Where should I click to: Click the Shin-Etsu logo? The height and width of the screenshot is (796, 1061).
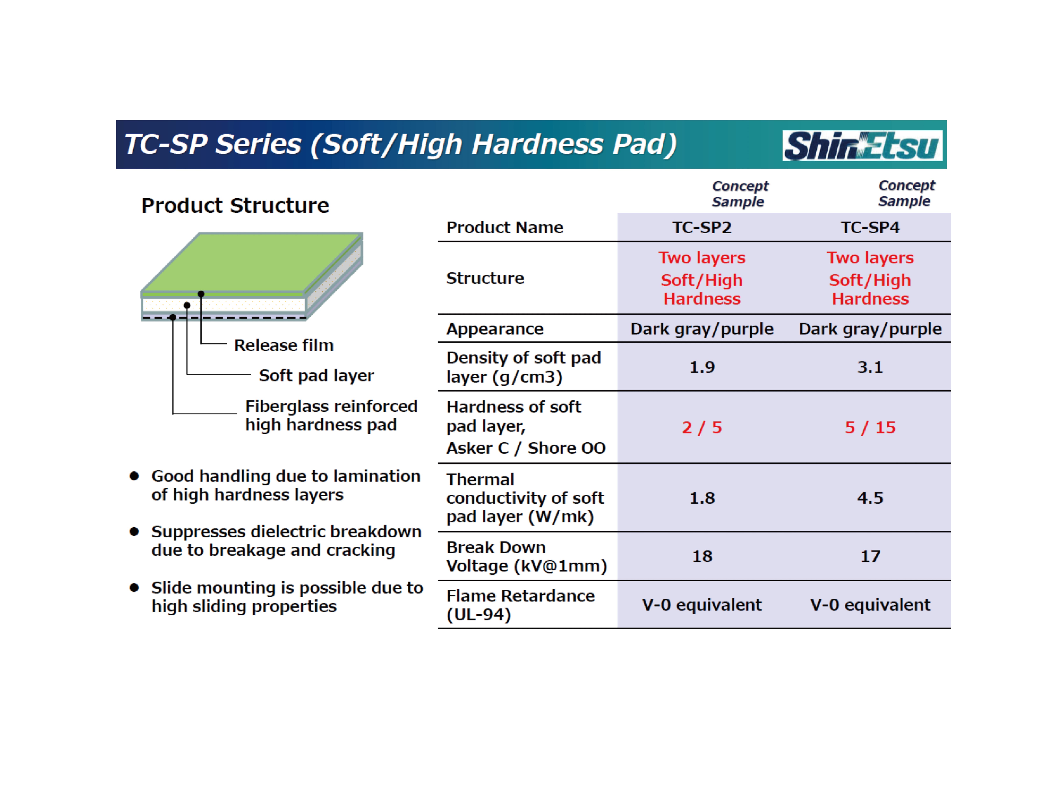pos(862,145)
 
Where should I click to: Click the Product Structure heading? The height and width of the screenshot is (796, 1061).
pos(235,205)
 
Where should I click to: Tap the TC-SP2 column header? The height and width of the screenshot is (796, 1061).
pos(702,227)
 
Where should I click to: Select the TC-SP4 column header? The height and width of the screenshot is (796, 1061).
pos(870,227)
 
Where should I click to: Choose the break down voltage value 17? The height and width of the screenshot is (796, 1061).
pos(870,556)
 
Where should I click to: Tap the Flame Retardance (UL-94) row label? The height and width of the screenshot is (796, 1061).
pos(520,605)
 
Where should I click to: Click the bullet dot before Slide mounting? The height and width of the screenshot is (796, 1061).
pos(134,588)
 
